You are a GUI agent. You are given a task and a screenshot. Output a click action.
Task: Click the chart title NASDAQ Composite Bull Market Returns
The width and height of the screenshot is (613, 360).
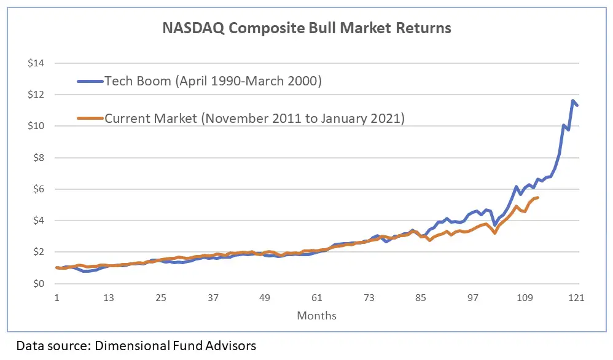pos(306,28)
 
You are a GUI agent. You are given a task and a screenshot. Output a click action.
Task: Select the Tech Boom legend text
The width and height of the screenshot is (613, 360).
pos(213,81)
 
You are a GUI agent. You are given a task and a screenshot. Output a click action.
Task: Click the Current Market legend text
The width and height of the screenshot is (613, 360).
pos(254,118)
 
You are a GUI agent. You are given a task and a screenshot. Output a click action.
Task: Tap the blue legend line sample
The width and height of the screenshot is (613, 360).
pos(89,81)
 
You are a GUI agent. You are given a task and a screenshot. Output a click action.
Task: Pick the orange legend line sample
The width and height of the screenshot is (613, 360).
pos(89,118)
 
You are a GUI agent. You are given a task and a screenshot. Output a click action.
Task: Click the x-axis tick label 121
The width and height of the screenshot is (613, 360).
pos(576,298)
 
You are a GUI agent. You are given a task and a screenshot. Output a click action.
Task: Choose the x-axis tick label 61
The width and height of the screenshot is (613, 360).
pos(316,298)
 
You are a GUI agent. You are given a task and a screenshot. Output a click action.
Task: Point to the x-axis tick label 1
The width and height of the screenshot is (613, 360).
pos(57,298)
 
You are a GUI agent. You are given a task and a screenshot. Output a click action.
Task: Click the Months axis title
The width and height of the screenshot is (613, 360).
pos(316,316)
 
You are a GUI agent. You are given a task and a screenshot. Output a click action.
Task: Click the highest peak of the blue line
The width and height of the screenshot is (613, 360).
pos(572,101)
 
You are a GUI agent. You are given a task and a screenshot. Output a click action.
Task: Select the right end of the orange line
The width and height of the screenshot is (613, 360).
pos(538,197)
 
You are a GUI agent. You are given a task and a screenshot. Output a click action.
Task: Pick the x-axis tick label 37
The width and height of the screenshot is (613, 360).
pos(213,298)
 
